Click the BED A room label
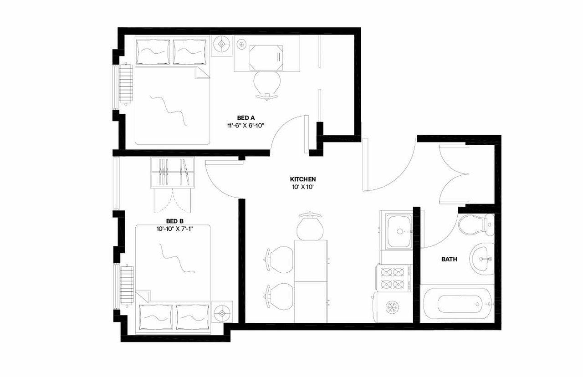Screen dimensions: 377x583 245,118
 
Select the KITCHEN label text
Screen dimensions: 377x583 303,179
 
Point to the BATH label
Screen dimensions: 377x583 449,260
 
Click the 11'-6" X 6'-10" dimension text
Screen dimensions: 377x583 246,125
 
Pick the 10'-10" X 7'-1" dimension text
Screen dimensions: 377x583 175,229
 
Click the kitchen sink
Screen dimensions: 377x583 400,231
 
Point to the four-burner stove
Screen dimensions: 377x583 393,278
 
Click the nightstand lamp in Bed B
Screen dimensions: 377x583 222,314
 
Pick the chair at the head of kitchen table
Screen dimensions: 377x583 310,224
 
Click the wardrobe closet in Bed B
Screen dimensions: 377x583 172,172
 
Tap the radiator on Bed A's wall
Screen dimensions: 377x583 126,85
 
